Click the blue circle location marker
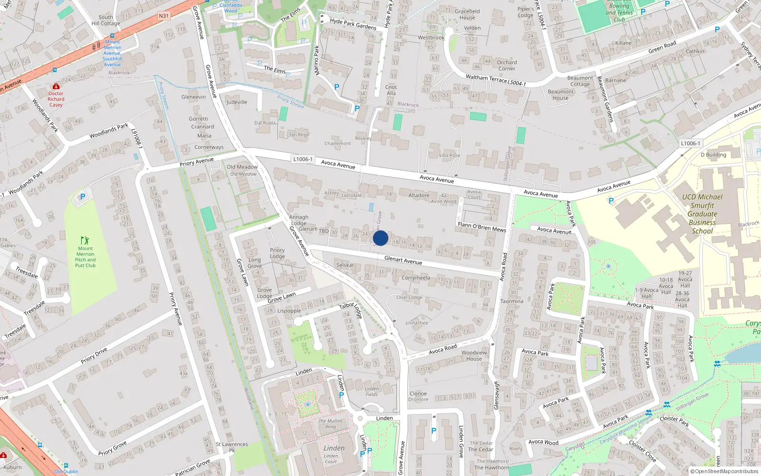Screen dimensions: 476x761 (x=380, y=238)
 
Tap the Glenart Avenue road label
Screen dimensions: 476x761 (x=403, y=260)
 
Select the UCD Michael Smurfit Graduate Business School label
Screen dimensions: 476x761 (x=702, y=214)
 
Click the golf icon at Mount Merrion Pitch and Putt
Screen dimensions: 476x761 (x=85, y=240)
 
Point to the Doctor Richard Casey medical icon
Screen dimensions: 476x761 (x=56, y=87)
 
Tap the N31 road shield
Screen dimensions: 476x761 (x=164, y=16)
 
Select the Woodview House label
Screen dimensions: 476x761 (x=474, y=356)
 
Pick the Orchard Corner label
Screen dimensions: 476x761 (x=507, y=65)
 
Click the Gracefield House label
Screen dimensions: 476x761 (x=467, y=14)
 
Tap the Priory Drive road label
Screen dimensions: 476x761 (x=94, y=355)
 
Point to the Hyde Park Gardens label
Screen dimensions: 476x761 (x=353, y=24)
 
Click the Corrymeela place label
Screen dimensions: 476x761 (x=416, y=278)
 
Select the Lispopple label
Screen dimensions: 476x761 (x=289, y=311)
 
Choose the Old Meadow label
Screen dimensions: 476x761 (x=242, y=167)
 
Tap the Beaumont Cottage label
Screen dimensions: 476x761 (x=580, y=81)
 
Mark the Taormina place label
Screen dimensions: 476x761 (x=512, y=301)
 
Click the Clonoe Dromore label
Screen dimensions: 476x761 (x=418, y=396)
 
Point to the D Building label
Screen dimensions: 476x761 (x=713, y=155)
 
